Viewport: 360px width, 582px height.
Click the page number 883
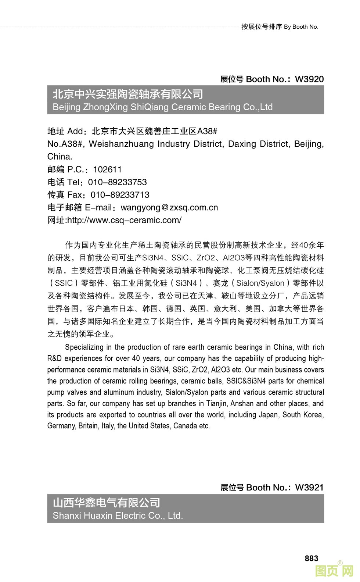tap(311, 558)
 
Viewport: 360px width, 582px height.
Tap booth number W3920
tap(309, 79)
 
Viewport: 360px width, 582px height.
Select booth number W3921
tap(309, 488)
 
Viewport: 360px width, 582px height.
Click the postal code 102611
tap(107, 169)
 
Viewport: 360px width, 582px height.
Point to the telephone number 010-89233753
tap(117, 182)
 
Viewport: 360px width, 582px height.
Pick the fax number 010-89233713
tap(120, 195)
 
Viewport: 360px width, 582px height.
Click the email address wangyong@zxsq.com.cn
tap(169, 208)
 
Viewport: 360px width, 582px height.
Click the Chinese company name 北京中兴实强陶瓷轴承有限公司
tap(128, 94)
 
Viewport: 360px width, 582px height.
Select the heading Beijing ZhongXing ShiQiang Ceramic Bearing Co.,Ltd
tap(162, 107)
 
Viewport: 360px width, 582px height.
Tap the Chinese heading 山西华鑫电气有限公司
tap(107, 503)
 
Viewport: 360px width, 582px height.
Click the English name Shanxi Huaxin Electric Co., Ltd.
tap(118, 516)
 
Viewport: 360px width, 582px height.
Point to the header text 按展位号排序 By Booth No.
tap(280, 27)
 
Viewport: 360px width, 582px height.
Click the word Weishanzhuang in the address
tap(121, 144)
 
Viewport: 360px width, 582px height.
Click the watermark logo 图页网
tap(334, 571)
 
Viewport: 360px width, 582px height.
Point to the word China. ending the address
tap(60, 157)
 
